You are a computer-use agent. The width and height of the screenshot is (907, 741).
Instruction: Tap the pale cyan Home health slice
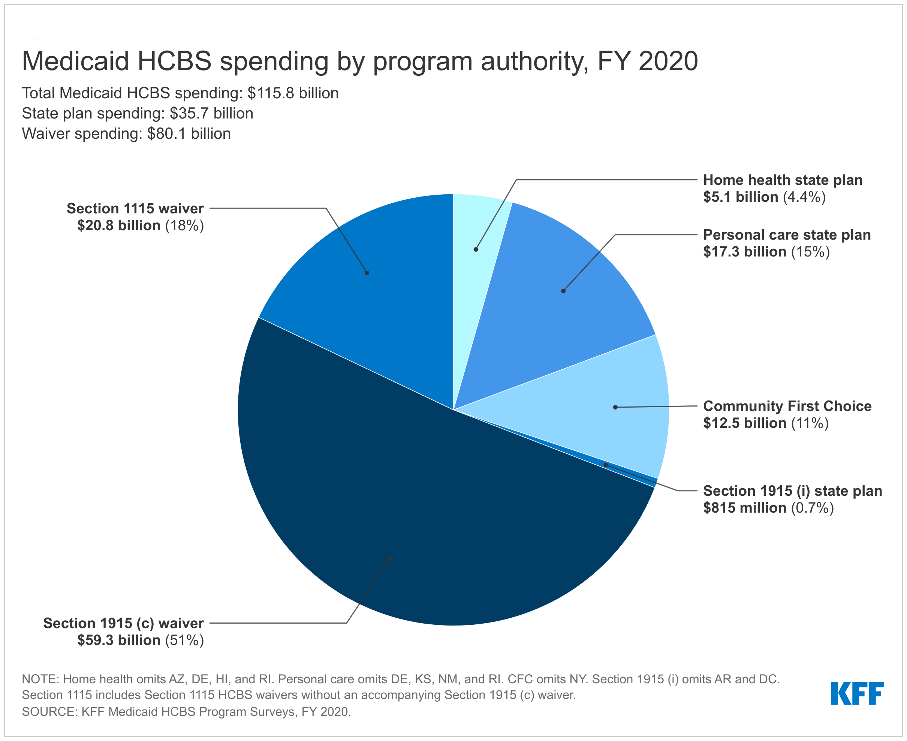[478, 231]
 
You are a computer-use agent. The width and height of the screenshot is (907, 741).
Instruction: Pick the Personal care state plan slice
[555, 307]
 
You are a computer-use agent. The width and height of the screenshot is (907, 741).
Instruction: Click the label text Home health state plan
[783, 180]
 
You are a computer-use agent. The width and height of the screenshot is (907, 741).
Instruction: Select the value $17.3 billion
[744, 252]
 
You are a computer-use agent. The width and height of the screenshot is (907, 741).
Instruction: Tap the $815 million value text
[744, 508]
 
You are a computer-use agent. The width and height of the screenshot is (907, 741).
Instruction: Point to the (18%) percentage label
[184, 225]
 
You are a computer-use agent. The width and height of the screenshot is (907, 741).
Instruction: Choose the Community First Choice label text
[787, 406]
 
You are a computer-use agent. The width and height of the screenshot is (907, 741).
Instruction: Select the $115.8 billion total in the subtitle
[293, 93]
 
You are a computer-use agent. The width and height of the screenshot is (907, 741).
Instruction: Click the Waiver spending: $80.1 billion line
[126, 133]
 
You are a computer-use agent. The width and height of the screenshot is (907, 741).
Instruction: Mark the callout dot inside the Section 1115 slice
[367, 273]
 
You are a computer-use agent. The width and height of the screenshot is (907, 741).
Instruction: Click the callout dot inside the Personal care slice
[563, 291]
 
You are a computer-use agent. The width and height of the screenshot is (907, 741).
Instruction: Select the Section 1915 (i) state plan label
[792, 491]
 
